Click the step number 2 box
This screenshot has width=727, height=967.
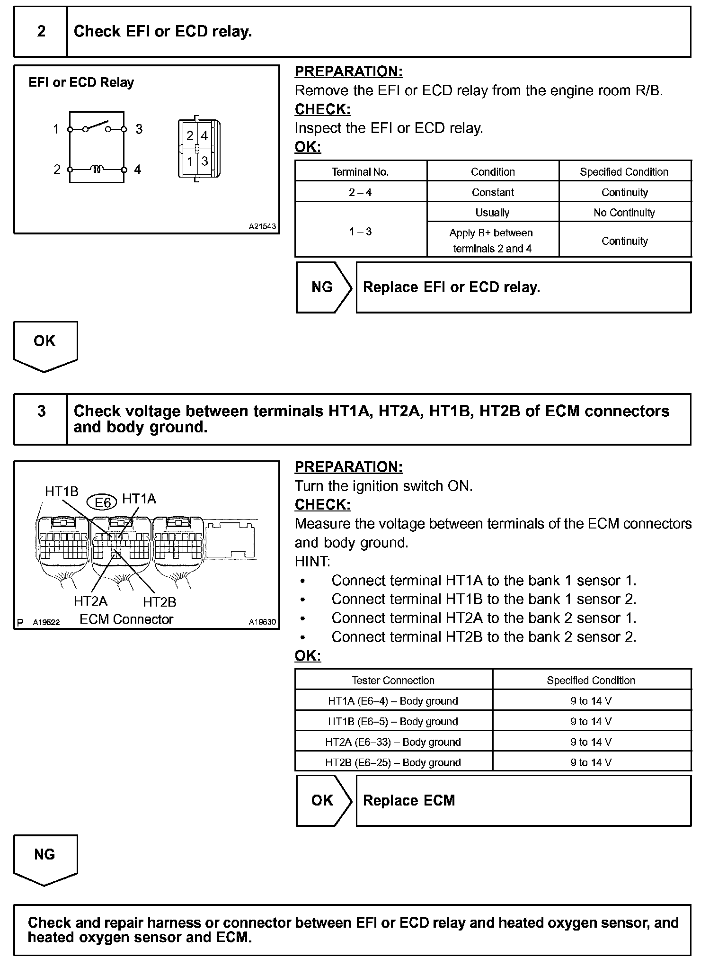(41, 32)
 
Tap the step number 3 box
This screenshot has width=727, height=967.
(41, 419)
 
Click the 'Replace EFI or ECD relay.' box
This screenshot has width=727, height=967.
(523, 287)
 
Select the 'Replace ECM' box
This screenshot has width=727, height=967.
(523, 800)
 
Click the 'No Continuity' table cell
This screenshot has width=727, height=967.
(624, 213)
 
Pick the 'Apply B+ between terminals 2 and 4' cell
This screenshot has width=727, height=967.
(492, 241)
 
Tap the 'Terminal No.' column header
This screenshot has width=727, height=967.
(360, 172)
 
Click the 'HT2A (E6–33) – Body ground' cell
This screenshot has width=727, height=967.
(393, 742)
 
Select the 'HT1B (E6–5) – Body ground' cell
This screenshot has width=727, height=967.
(393, 721)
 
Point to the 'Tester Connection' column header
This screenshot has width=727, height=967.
(393, 680)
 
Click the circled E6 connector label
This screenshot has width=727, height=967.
(102, 502)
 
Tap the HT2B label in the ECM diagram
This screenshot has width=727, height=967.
(160, 602)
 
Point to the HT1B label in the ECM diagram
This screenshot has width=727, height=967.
(62, 492)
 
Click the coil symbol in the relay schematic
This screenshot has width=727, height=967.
(98, 169)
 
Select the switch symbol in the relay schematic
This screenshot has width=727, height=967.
(97, 127)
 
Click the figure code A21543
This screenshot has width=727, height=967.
(262, 226)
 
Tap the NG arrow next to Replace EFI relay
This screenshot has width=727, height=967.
(323, 287)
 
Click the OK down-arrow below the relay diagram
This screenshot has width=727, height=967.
(45, 345)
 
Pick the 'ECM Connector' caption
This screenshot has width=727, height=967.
(126, 619)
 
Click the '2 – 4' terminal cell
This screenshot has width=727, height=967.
(360, 192)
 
